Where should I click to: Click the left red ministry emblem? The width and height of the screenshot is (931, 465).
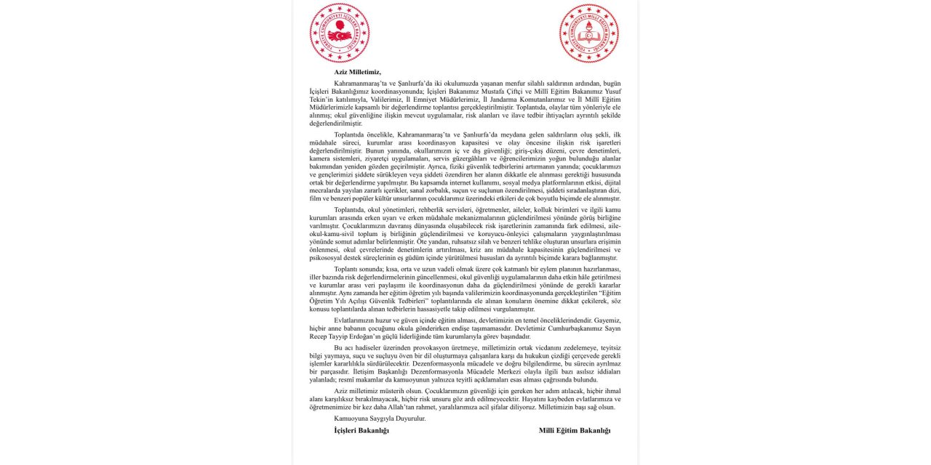(x=340, y=33)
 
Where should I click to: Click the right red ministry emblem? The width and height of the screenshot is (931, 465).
(x=589, y=33)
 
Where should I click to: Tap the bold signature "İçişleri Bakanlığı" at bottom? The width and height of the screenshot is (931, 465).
(x=361, y=430)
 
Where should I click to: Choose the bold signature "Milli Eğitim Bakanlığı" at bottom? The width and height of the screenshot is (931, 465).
(x=575, y=430)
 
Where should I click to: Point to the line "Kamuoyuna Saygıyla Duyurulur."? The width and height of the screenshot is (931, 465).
(x=380, y=418)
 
